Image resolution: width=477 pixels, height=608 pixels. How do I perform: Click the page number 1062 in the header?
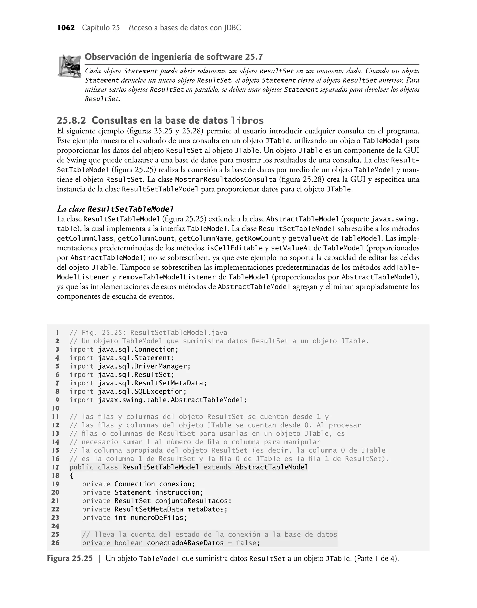coord(66,28)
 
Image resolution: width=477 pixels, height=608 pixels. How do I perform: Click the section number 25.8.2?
coord(72,121)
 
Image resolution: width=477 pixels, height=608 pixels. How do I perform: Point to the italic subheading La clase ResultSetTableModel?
coord(115,209)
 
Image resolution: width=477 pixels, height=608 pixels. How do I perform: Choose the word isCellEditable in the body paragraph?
coord(235,248)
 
